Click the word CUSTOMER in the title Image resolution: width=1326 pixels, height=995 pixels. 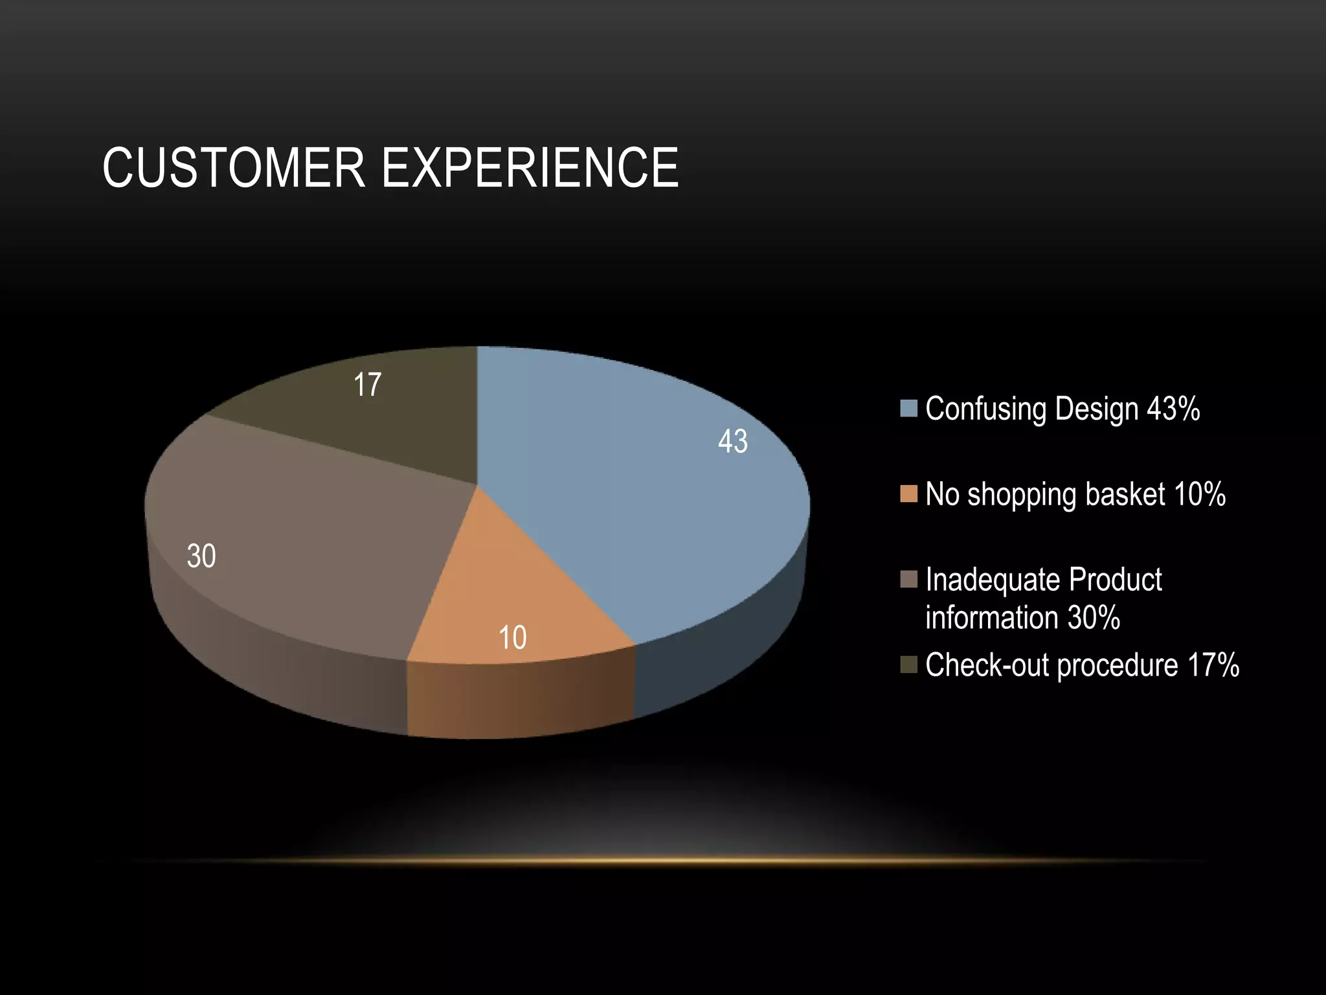click(234, 168)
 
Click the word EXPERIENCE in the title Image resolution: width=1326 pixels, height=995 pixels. click(530, 168)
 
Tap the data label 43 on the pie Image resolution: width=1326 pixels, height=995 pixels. click(732, 442)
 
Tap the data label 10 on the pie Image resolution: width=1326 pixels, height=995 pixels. click(512, 638)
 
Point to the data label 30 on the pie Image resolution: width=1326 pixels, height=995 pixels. click(201, 556)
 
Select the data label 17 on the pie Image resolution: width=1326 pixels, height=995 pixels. click(367, 385)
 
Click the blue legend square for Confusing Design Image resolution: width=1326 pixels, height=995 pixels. click(908, 408)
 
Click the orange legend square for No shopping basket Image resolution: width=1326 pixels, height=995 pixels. click(908, 494)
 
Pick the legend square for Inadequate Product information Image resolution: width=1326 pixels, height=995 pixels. click(908, 579)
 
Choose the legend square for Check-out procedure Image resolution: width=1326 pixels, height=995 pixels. click(908, 665)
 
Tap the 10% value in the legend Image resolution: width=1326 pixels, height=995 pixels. click(1199, 494)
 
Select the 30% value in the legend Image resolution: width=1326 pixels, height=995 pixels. click(1094, 617)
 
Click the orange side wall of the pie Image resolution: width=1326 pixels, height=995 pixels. click(518, 700)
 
